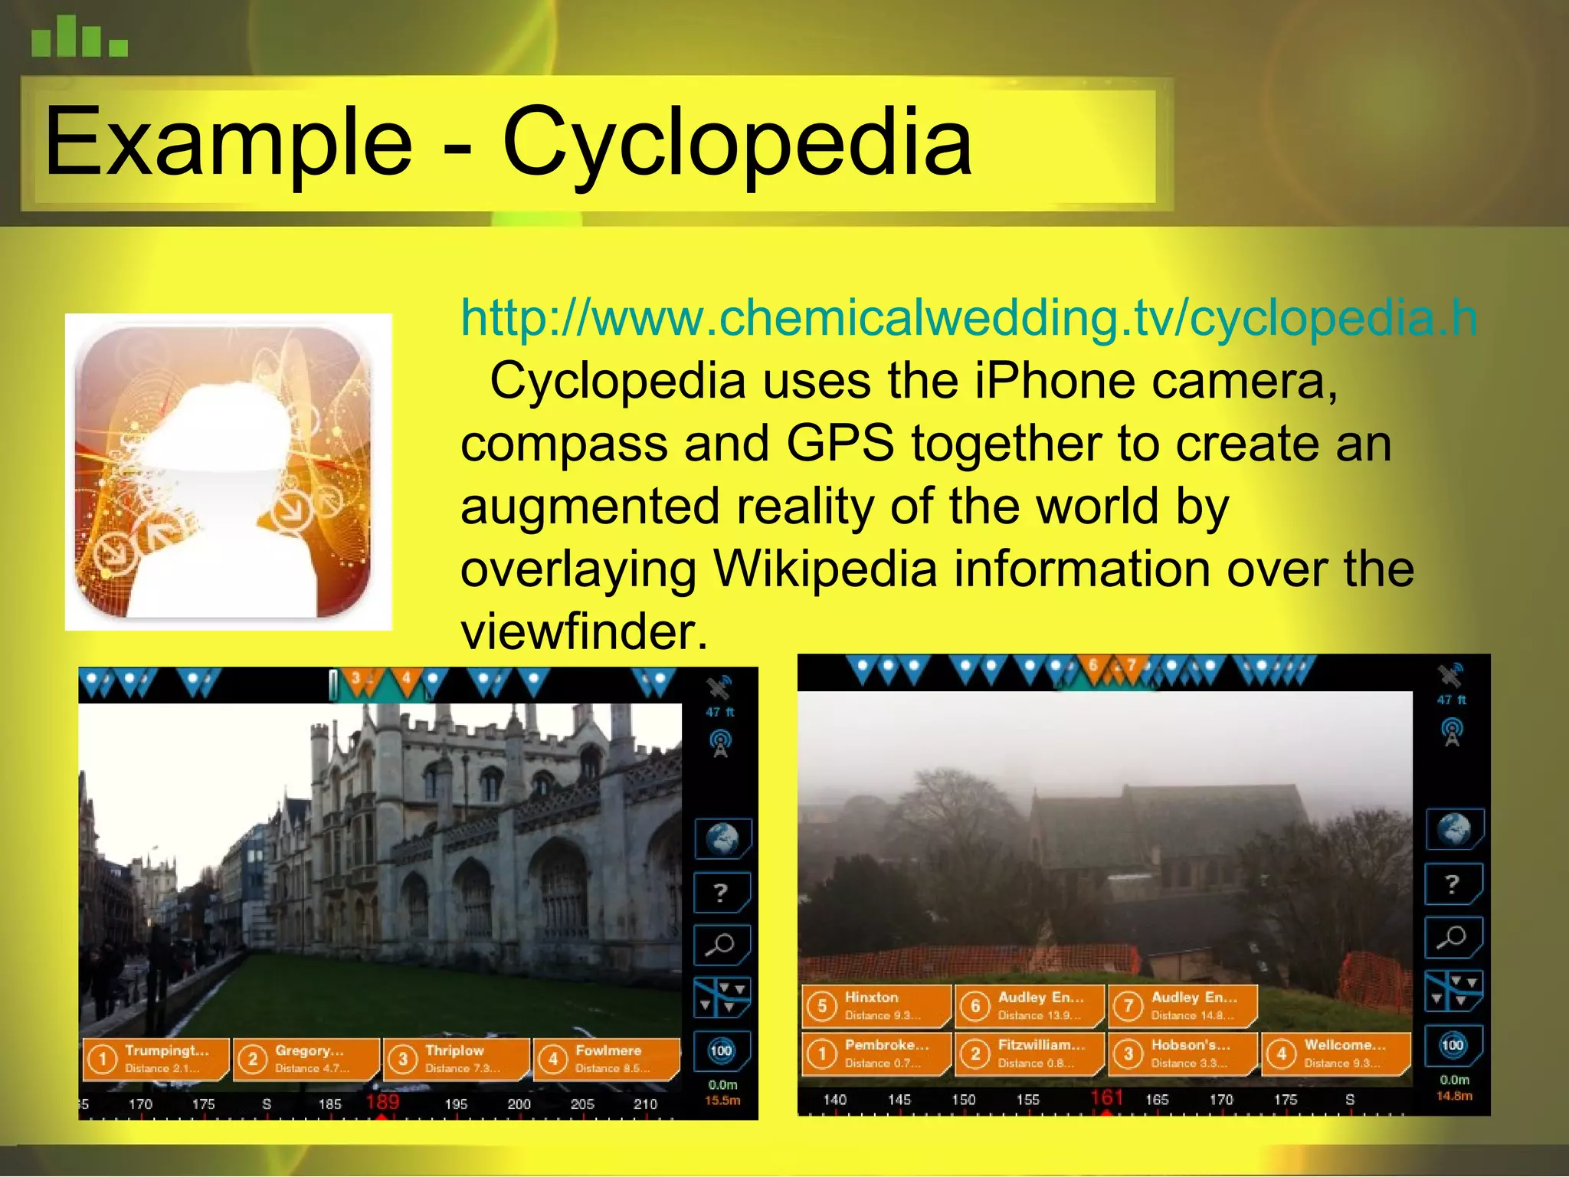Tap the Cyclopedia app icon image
click(x=228, y=472)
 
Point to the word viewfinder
click(x=584, y=632)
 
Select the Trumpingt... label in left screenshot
click(x=156, y=1059)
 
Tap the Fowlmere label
click(x=607, y=1059)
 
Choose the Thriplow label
click(x=457, y=1059)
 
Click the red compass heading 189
click(x=382, y=1103)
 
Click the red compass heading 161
click(x=1106, y=1097)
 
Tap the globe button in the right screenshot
click(x=1453, y=829)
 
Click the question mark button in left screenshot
click(x=721, y=893)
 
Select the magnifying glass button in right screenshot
click(x=1452, y=937)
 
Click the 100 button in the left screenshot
click(x=721, y=1051)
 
